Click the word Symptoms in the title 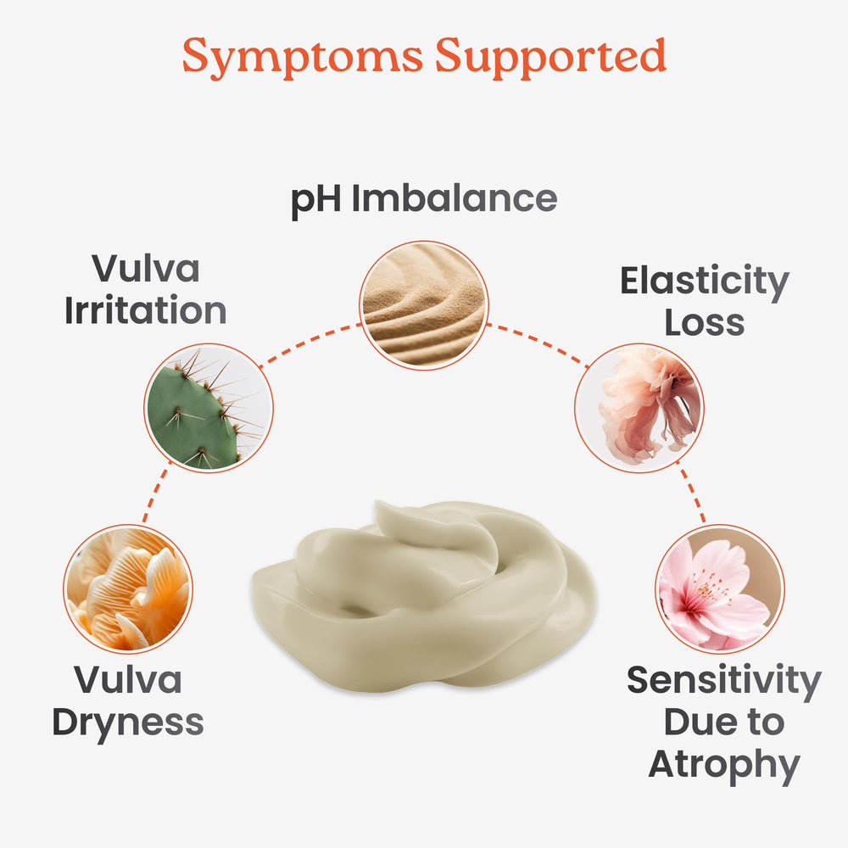[x=303, y=58]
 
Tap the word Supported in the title [x=550, y=56]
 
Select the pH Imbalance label [x=424, y=201]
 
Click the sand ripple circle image [x=424, y=305]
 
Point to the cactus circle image [x=209, y=408]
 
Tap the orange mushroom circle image [x=128, y=589]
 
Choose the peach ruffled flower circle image [x=639, y=408]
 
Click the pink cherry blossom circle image [x=720, y=589]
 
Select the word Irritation [x=146, y=310]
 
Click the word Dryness [x=128, y=723]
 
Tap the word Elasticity [x=705, y=282]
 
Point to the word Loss [x=705, y=323]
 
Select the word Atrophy [x=724, y=766]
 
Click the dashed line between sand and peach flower [x=538, y=344]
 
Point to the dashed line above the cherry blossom [x=690, y=492]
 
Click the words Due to [x=724, y=722]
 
